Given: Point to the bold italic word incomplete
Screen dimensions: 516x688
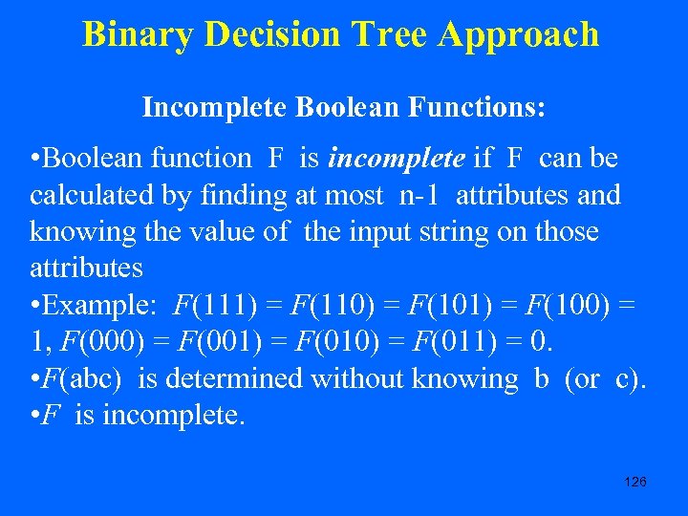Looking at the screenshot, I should point(396,158).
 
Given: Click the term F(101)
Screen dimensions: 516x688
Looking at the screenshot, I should point(446,306).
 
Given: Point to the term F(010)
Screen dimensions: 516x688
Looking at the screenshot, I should point(327,342).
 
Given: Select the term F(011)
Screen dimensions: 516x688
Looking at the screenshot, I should point(443,342).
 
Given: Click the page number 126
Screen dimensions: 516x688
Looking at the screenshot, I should point(634,482).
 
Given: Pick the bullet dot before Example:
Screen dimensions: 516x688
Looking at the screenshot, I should point(35,306).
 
